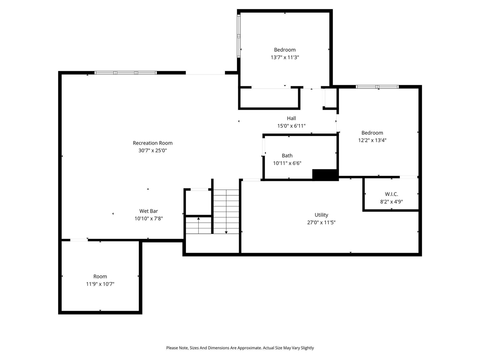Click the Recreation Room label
153,143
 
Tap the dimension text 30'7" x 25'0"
153,150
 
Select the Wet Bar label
148,211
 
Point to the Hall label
291,118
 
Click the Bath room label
287,156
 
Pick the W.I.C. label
391,194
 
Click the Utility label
321,215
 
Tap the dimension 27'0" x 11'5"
321,222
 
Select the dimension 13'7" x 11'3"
285,57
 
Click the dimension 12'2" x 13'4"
372,140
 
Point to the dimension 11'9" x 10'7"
100,284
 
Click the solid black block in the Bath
325,175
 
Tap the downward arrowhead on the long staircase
226,232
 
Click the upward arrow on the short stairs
198,218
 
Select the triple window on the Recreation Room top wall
126,73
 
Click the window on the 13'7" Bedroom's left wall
238,36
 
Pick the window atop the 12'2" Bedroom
377,87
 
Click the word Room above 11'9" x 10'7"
100,276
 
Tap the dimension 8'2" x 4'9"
391,201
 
